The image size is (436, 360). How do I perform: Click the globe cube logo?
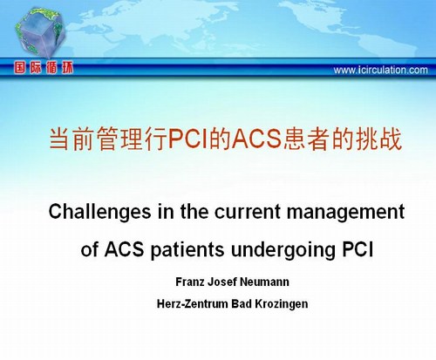click(41, 32)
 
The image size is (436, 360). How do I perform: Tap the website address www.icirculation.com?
click(380, 70)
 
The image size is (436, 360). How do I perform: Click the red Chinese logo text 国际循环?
click(44, 68)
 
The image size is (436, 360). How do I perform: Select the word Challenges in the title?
click(99, 213)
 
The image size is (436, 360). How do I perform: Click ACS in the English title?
click(124, 249)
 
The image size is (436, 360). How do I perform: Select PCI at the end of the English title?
click(358, 249)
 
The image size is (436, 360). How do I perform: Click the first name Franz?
click(190, 282)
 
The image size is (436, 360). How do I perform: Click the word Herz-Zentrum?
click(193, 304)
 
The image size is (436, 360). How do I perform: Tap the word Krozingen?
click(282, 304)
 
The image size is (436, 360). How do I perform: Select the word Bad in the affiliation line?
click(242, 304)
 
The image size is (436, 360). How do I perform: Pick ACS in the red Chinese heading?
click(256, 139)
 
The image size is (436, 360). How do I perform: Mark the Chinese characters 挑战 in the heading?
click(379, 139)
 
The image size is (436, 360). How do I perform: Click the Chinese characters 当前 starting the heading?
click(72, 139)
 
